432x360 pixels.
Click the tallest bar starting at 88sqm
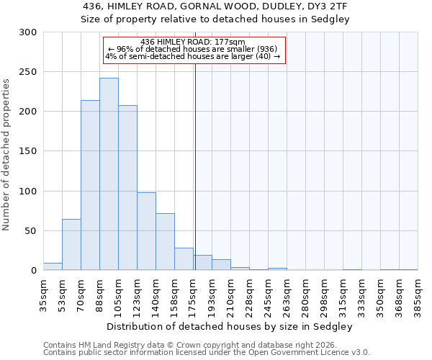click(x=109, y=174)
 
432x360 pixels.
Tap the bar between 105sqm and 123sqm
click(x=127, y=188)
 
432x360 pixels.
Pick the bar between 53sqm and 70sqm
click(x=71, y=245)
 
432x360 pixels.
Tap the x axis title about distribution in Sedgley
click(x=230, y=326)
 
